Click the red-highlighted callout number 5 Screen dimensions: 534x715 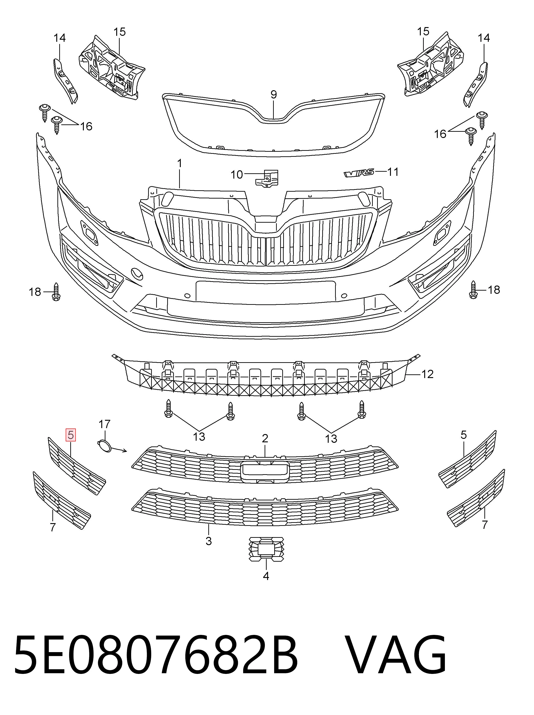[x=71, y=435]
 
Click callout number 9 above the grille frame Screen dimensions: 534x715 [x=274, y=95]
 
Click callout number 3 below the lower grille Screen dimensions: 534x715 [x=209, y=541]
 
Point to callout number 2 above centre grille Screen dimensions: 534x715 [x=265, y=438]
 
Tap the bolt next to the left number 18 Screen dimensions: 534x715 [x=56, y=292]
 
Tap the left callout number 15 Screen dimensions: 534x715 [x=119, y=32]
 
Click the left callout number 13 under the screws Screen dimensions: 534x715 [x=199, y=437]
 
